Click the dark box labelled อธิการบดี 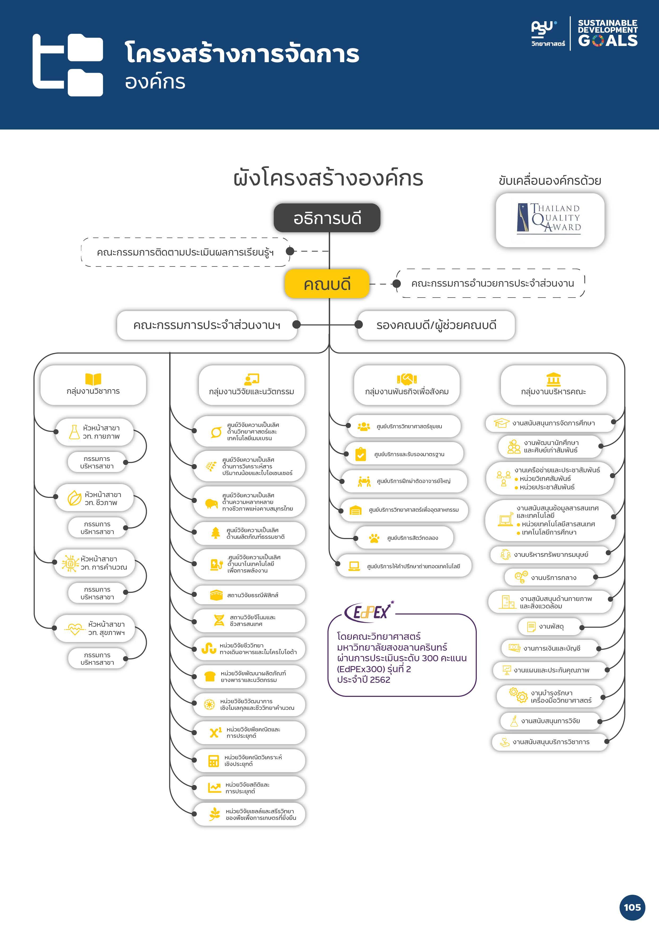tap(327, 218)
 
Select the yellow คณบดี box tap(327, 284)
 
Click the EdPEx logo tap(369, 611)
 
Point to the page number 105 tap(632, 907)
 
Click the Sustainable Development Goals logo tap(607, 33)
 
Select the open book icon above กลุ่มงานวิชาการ tap(93, 379)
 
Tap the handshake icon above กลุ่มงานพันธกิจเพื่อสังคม tap(407, 379)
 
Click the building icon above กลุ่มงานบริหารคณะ tap(554, 379)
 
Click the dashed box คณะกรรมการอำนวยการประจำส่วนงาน tap(492, 283)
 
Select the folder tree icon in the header tap(68, 65)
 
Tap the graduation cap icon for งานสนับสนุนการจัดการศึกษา tap(501, 423)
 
